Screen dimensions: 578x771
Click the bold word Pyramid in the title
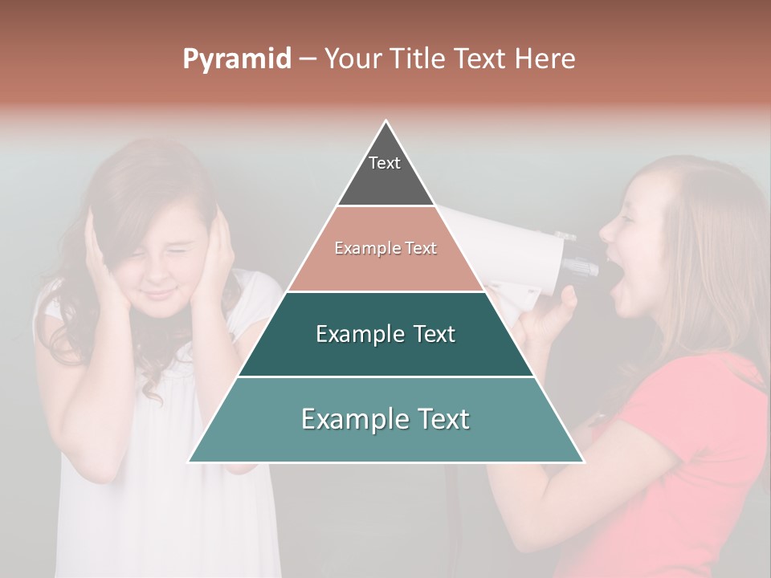(237, 59)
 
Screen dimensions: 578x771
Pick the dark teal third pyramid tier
(385, 353)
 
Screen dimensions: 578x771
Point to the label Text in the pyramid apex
(385, 163)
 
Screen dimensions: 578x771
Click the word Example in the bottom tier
(349, 418)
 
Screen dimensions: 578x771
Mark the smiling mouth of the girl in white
(161, 291)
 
